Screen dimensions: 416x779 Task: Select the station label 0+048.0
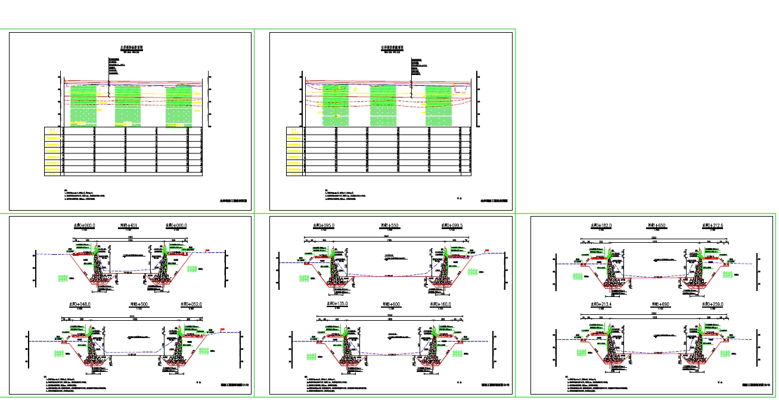83,304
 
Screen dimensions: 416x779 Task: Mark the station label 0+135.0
338,304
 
